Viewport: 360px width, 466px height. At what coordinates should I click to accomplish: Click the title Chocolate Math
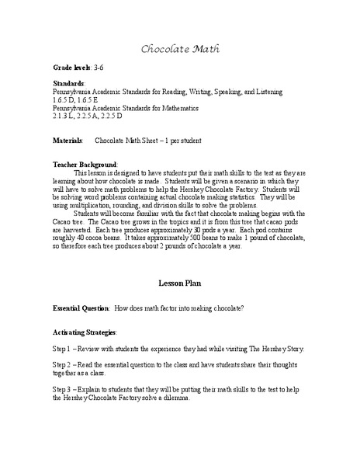pos(179,49)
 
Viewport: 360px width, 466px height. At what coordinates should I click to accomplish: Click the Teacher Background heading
pos(85,165)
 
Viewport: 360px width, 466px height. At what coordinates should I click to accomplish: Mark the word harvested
pos(82,231)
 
